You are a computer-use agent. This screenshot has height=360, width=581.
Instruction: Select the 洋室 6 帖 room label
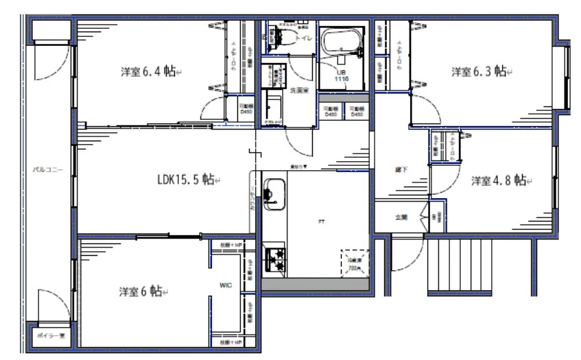click(140, 291)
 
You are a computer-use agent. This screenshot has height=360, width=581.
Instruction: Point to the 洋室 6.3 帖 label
click(479, 71)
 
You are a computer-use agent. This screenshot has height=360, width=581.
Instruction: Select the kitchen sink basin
click(276, 194)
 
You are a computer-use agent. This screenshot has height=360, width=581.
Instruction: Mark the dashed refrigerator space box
click(355, 261)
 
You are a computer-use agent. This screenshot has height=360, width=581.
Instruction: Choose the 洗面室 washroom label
click(300, 90)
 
